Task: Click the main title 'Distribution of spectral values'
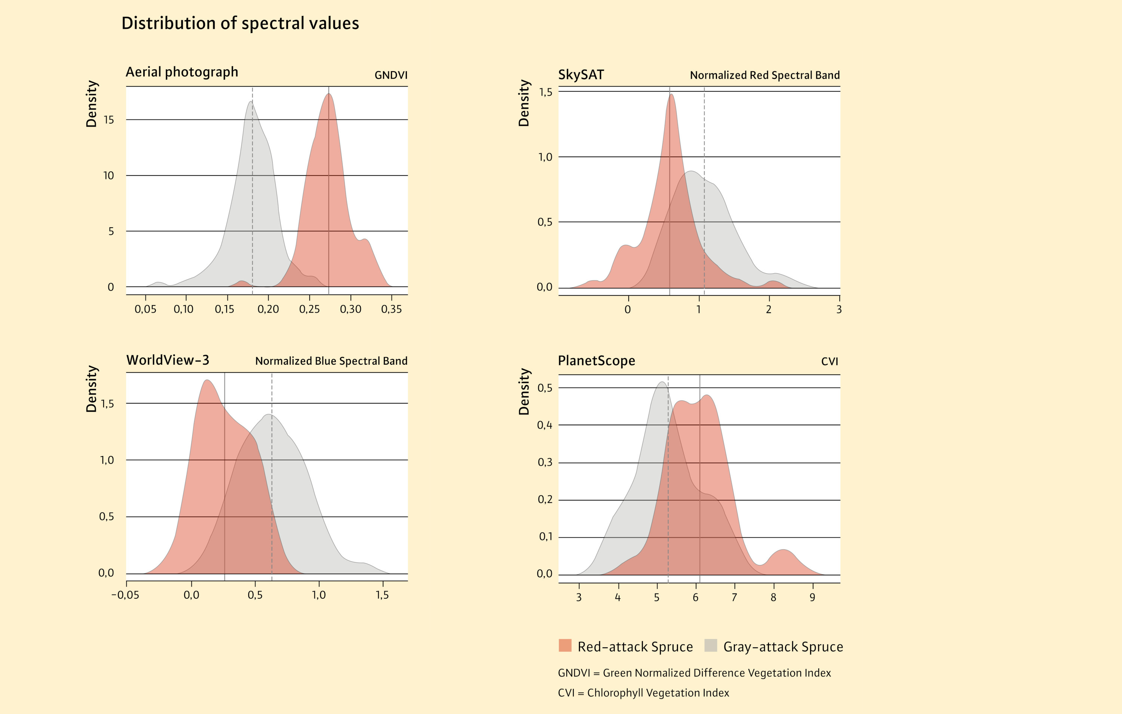(240, 23)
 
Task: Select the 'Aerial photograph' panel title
(182, 72)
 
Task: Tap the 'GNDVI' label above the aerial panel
(391, 75)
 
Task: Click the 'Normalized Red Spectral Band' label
(764, 75)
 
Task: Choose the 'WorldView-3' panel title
(168, 360)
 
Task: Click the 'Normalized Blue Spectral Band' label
(331, 361)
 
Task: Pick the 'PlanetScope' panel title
(597, 361)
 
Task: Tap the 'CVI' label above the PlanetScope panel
(830, 361)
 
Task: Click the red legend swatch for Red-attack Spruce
(565, 645)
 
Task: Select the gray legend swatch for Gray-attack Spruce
(711, 645)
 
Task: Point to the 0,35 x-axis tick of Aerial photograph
(392, 309)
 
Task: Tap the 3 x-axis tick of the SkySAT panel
(839, 309)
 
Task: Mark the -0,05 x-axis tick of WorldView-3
(125, 595)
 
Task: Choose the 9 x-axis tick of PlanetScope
(813, 598)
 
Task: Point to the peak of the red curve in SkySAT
(671, 95)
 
